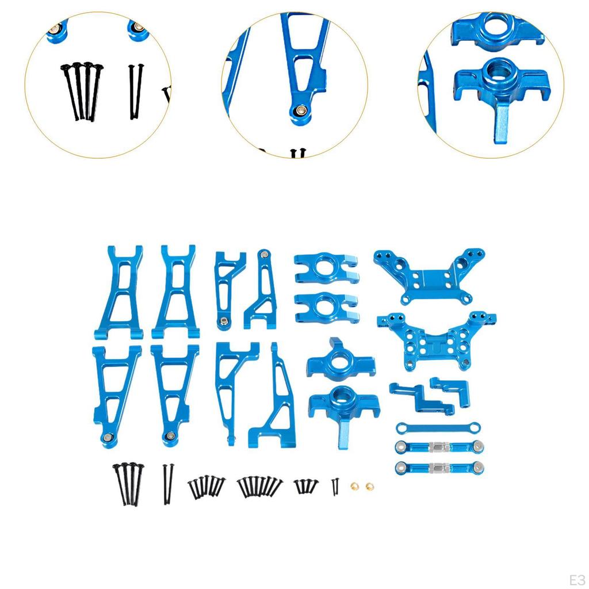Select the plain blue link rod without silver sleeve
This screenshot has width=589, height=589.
point(438,427)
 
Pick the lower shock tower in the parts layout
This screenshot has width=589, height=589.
point(437,339)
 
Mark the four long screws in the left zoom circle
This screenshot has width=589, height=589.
point(81,91)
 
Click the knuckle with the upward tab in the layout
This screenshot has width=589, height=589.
point(339,359)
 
